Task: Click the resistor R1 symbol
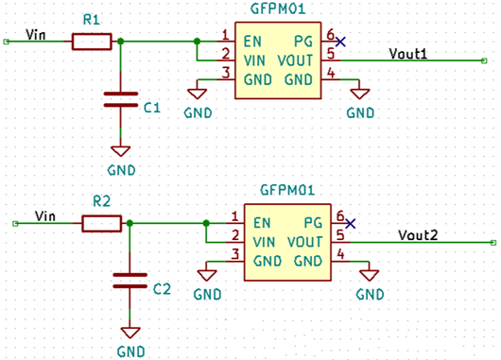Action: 91,42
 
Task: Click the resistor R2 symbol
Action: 101,223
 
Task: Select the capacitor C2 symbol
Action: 130,281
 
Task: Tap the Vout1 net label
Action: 409,55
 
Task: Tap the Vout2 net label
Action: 418,235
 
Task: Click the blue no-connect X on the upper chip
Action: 340,42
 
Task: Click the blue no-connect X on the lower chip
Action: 351,223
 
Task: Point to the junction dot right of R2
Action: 130,223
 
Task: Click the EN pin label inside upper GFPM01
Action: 252,42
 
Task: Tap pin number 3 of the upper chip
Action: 225,73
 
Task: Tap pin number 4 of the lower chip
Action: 339,254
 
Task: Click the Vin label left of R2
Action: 44,216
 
